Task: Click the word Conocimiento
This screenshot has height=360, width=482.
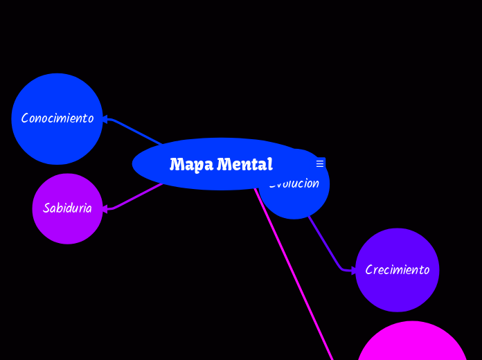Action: pyautogui.click(x=57, y=118)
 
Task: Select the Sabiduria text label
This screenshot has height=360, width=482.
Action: pyautogui.click(x=67, y=208)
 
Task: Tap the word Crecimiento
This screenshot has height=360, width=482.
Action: pyautogui.click(x=398, y=270)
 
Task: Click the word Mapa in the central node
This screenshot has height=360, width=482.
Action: pyautogui.click(x=191, y=165)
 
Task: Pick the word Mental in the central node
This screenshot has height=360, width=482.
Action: pyautogui.click(x=244, y=165)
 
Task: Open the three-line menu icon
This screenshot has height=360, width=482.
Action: pyautogui.click(x=320, y=163)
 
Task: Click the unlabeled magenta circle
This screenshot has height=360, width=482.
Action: pyautogui.click(x=413, y=346)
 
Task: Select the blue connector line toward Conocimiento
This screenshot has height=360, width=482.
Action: pyautogui.click(x=135, y=132)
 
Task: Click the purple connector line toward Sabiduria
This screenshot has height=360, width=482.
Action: pyautogui.click(x=135, y=197)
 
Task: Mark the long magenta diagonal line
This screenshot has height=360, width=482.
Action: pyautogui.click(x=294, y=273)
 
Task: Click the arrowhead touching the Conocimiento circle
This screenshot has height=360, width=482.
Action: pyautogui.click(x=105, y=120)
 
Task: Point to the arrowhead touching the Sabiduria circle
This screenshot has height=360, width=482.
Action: pyautogui.click(x=105, y=209)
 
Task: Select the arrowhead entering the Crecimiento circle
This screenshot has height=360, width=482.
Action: pyautogui.click(x=353, y=271)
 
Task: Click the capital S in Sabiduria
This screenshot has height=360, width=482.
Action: pyautogui.click(x=46, y=208)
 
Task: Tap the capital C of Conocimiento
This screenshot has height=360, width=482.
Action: pyautogui.click(x=25, y=118)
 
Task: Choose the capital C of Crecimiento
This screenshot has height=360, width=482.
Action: pyautogui.click(x=369, y=270)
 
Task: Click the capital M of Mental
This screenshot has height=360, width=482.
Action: pyautogui.click(x=224, y=165)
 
